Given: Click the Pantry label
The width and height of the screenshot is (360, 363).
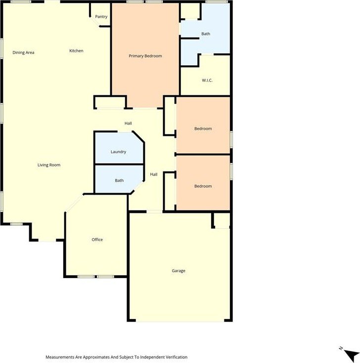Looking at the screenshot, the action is (x=101, y=17).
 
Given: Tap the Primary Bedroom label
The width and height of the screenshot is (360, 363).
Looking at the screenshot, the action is (x=145, y=56).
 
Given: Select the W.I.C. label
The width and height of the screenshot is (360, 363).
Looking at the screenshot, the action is (x=207, y=81).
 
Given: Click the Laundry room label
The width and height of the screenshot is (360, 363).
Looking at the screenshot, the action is (x=118, y=152).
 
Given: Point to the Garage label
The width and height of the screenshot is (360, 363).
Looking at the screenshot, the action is (x=179, y=271).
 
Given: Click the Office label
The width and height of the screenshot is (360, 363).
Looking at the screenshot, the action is (x=97, y=240).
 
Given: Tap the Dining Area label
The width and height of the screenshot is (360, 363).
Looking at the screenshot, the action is (x=23, y=52).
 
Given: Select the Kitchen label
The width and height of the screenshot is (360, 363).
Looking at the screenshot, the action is (x=76, y=51).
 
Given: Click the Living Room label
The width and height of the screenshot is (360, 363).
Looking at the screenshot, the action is (x=49, y=165).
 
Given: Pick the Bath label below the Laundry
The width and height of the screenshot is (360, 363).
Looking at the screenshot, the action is (x=119, y=180).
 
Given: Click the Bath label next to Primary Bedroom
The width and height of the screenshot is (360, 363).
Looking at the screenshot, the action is (x=206, y=34).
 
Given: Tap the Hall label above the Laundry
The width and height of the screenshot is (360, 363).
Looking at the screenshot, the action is (x=128, y=123).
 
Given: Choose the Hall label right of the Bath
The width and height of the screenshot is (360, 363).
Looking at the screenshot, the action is (x=154, y=174).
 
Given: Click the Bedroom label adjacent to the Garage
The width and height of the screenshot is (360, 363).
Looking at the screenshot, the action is (x=203, y=186).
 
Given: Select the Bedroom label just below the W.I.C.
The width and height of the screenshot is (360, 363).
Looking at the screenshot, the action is (x=203, y=128).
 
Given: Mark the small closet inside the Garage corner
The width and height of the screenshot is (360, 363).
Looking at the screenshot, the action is (x=222, y=220).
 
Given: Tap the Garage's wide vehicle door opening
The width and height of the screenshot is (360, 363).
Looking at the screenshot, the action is (x=180, y=321).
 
